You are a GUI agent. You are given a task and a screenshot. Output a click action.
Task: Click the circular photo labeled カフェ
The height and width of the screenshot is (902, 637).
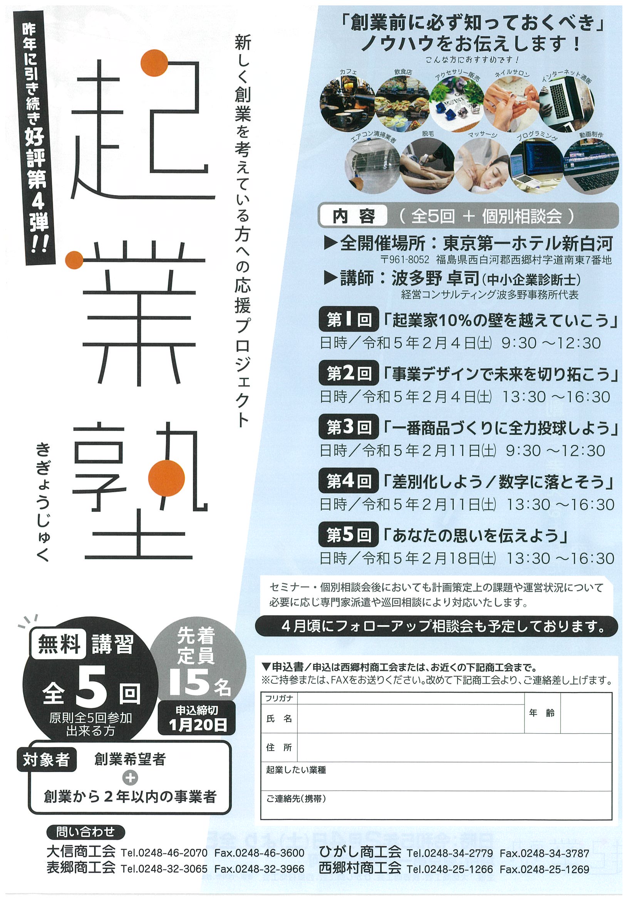click(347, 104)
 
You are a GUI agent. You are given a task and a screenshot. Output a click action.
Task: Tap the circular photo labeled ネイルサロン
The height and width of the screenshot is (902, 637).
click(511, 104)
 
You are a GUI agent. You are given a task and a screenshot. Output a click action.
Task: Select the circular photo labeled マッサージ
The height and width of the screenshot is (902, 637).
click(482, 166)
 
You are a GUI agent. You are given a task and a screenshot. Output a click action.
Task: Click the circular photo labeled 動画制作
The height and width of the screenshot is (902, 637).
click(591, 166)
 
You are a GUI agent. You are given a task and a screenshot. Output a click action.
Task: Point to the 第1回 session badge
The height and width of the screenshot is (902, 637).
click(349, 320)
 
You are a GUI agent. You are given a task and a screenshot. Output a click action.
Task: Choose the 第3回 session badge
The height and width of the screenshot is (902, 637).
click(349, 427)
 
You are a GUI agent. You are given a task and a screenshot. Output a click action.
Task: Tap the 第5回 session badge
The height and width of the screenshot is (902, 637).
click(349, 535)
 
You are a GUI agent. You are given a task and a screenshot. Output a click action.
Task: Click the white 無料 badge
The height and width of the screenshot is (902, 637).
click(59, 644)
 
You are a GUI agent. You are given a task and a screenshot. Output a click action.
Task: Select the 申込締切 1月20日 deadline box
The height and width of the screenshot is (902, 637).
click(197, 718)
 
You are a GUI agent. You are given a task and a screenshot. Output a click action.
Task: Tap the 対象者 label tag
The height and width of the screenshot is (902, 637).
click(47, 760)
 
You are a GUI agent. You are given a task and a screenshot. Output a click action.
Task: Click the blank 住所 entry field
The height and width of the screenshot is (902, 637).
click(454, 747)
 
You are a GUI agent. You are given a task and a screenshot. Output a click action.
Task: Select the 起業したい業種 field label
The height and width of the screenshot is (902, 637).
click(296, 770)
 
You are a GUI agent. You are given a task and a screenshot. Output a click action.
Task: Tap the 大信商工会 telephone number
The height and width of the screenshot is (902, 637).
click(164, 853)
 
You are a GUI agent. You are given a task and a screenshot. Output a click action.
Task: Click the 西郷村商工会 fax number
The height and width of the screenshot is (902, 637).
click(544, 869)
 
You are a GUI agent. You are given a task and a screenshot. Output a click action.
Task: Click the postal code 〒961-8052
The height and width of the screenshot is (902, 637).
click(405, 260)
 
